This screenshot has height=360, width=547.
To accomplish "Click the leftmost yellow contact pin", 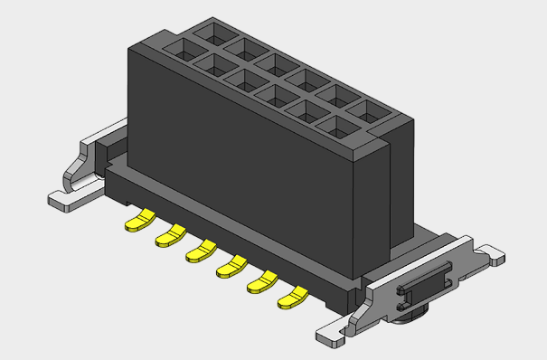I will pos(138,220).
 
